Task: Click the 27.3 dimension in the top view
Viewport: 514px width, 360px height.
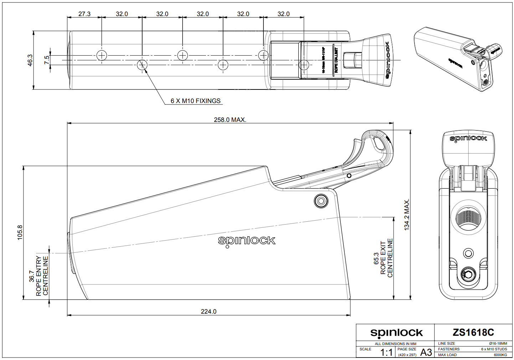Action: [84, 14]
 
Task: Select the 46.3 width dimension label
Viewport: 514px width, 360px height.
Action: [30, 60]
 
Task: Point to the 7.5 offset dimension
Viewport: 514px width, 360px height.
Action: [47, 60]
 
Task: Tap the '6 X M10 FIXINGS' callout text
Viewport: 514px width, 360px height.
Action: [195, 101]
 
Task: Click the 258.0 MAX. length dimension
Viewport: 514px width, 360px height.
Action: [230, 120]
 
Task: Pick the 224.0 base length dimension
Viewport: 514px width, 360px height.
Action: [209, 312]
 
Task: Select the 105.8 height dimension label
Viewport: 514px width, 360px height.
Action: [20, 232]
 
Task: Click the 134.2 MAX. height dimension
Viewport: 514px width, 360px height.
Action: [407, 215]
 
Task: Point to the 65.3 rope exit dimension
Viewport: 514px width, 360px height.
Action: [376, 258]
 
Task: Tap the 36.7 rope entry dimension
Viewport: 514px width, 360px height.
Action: [32, 276]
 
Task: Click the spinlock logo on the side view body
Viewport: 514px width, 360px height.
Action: [247, 241]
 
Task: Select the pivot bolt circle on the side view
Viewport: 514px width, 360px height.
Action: [321, 201]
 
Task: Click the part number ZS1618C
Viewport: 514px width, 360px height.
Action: [473, 333]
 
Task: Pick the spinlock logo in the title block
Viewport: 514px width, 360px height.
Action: [396, 333]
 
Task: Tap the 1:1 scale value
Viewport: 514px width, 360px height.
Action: [386, 353]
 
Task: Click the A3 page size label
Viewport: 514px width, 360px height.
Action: [426, 353]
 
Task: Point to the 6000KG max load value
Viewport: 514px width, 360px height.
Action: [500, 355]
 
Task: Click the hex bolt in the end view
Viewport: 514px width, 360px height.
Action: [468, 274]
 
